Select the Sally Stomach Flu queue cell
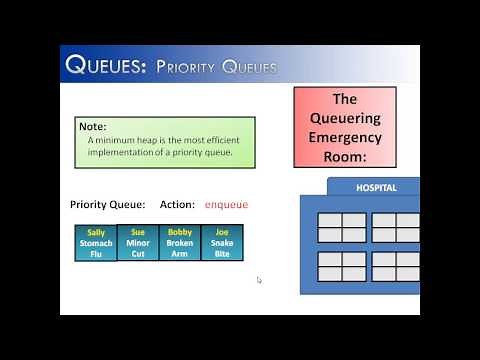96,243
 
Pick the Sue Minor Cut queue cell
138,243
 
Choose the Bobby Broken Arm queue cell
180,243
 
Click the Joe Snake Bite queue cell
222,243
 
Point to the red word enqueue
226,204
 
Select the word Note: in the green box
92,127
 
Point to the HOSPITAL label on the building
376,188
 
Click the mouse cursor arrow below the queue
259,280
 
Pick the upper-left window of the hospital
342,227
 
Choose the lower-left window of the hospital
342,266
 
